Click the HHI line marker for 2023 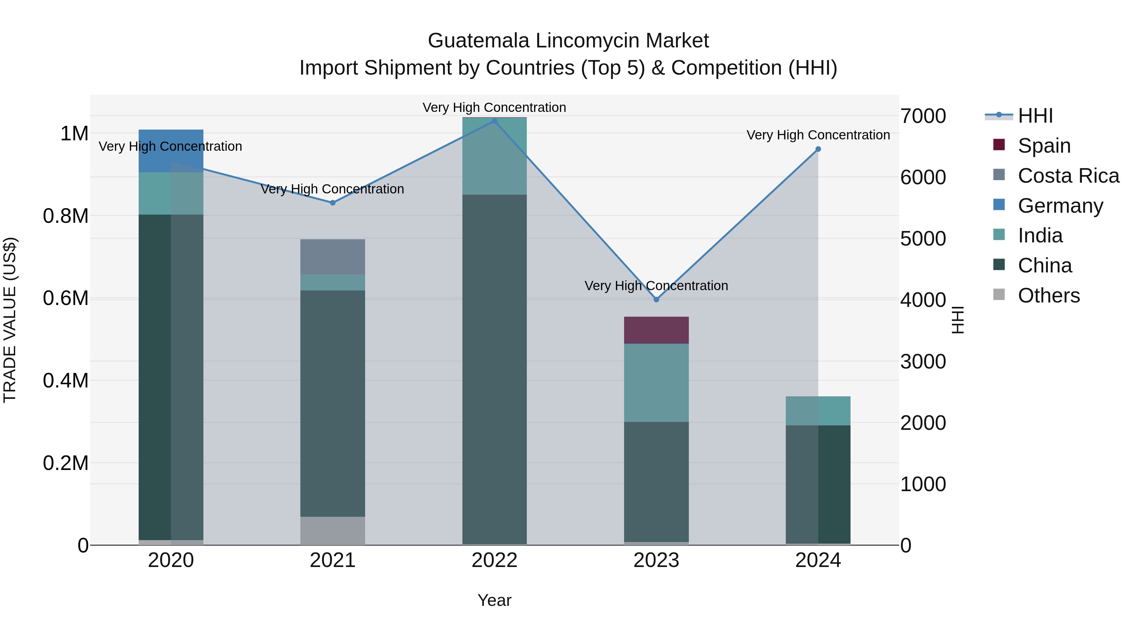click(x=656, y=300)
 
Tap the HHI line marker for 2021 click(x=333, y=203)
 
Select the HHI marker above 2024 click(x=818, y=149)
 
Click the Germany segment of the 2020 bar click(x=171, y=151)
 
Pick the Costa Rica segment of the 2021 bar click(x=333, y=257)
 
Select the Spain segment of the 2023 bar click(x=656, y=330)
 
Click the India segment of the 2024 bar click(x=818, y=411)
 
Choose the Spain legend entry click(x=1044, y=146)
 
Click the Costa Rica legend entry click(x=1068, y=176)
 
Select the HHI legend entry click(x=1035, y=116)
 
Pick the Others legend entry click(x=1048, y=296)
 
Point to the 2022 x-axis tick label click(x=494, y=560)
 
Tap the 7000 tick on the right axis click(x=923, y=116)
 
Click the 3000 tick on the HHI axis click(x=923, y=362)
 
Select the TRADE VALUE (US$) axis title click(x=10, y=320)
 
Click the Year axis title click(x=494, y=600)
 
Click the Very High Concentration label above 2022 click(x=494, y=107)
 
